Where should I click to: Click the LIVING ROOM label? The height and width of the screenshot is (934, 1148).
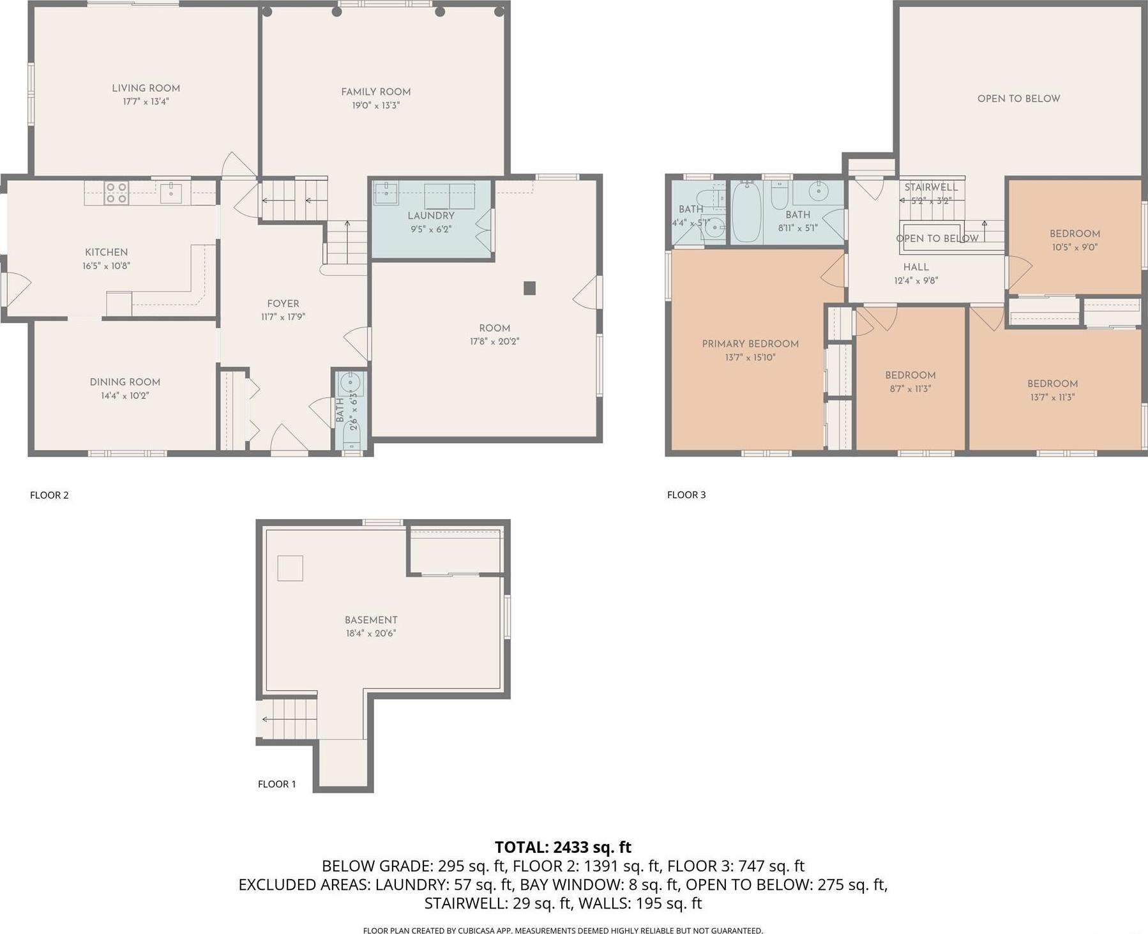click(x=146, y=88)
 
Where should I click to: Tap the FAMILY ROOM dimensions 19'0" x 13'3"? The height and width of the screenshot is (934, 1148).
click(x=375, y=105)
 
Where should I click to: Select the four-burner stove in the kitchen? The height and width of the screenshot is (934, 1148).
click(x=116, y=193)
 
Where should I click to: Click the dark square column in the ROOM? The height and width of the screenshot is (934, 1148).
click(x=529, y=289)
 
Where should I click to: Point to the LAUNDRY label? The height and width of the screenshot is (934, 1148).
click(x=431, y=216)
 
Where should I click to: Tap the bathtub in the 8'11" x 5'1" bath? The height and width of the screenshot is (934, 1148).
click(x=745, y=212)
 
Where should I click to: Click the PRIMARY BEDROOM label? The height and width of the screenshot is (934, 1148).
click(x=750, y=343)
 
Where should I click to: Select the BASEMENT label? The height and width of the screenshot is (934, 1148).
click(x=371, y=620)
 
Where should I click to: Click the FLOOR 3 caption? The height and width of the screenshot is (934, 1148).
click(x=686, y=495)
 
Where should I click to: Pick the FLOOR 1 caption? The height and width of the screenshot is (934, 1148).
click(x=276, y=784)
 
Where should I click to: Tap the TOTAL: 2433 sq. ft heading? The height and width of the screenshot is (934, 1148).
click(x=563, y=847)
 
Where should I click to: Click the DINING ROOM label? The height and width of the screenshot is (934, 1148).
click(x=125, y=382)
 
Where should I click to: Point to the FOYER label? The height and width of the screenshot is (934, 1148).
click(x=283, y=303)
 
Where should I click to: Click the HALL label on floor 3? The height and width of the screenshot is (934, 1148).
click(x=916, y=267)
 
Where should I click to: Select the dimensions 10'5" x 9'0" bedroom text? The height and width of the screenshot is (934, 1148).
click(x=1075, y=247)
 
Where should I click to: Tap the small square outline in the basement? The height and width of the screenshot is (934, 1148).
click(x=290, y=568)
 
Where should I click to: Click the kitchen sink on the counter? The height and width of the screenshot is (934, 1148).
click(x=171, y=192)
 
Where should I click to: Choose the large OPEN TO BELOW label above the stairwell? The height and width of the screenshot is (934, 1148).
click(x=1018, y=98)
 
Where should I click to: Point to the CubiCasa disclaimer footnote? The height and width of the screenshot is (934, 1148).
click(x=563, y=930)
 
